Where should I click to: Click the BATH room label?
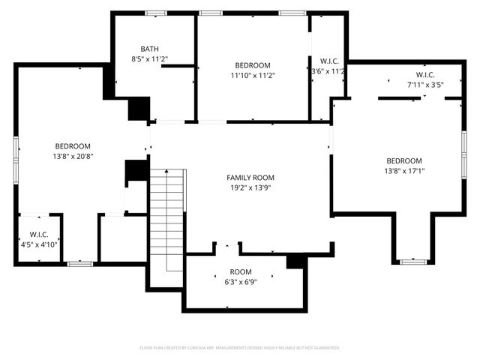(150, 49)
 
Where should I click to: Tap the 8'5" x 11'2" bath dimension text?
(150, 58)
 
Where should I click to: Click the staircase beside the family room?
(167, 217)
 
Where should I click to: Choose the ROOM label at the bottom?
(241, 271)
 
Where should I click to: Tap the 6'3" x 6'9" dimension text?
(241, 281)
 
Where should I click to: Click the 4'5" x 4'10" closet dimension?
(39, 244)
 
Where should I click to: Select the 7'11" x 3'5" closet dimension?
(425, 85)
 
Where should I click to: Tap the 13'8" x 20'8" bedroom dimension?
(73, 156)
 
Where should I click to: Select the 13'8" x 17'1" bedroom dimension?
(404, 171)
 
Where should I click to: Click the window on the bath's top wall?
(156, 13)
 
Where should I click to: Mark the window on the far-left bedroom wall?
(15, 148)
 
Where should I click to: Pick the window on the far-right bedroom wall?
(464, 161)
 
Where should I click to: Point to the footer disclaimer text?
(240, 348)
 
